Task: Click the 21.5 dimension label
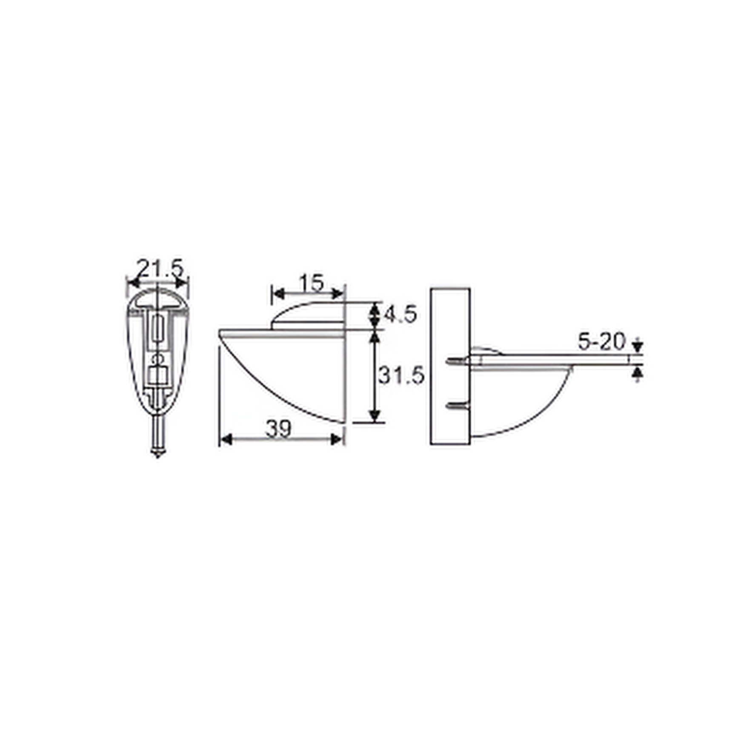(x=161, y=269)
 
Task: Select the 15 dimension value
(x=312, y=283)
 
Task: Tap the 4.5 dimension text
(x=400, y=315)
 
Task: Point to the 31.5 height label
(x=401, y=375)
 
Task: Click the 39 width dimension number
(x=278, y=429)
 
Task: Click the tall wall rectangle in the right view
(x=450, y=366)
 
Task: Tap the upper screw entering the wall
(x=458, y=362)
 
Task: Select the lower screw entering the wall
(x=458, y=406)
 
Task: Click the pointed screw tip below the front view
(x=158, y=454)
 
